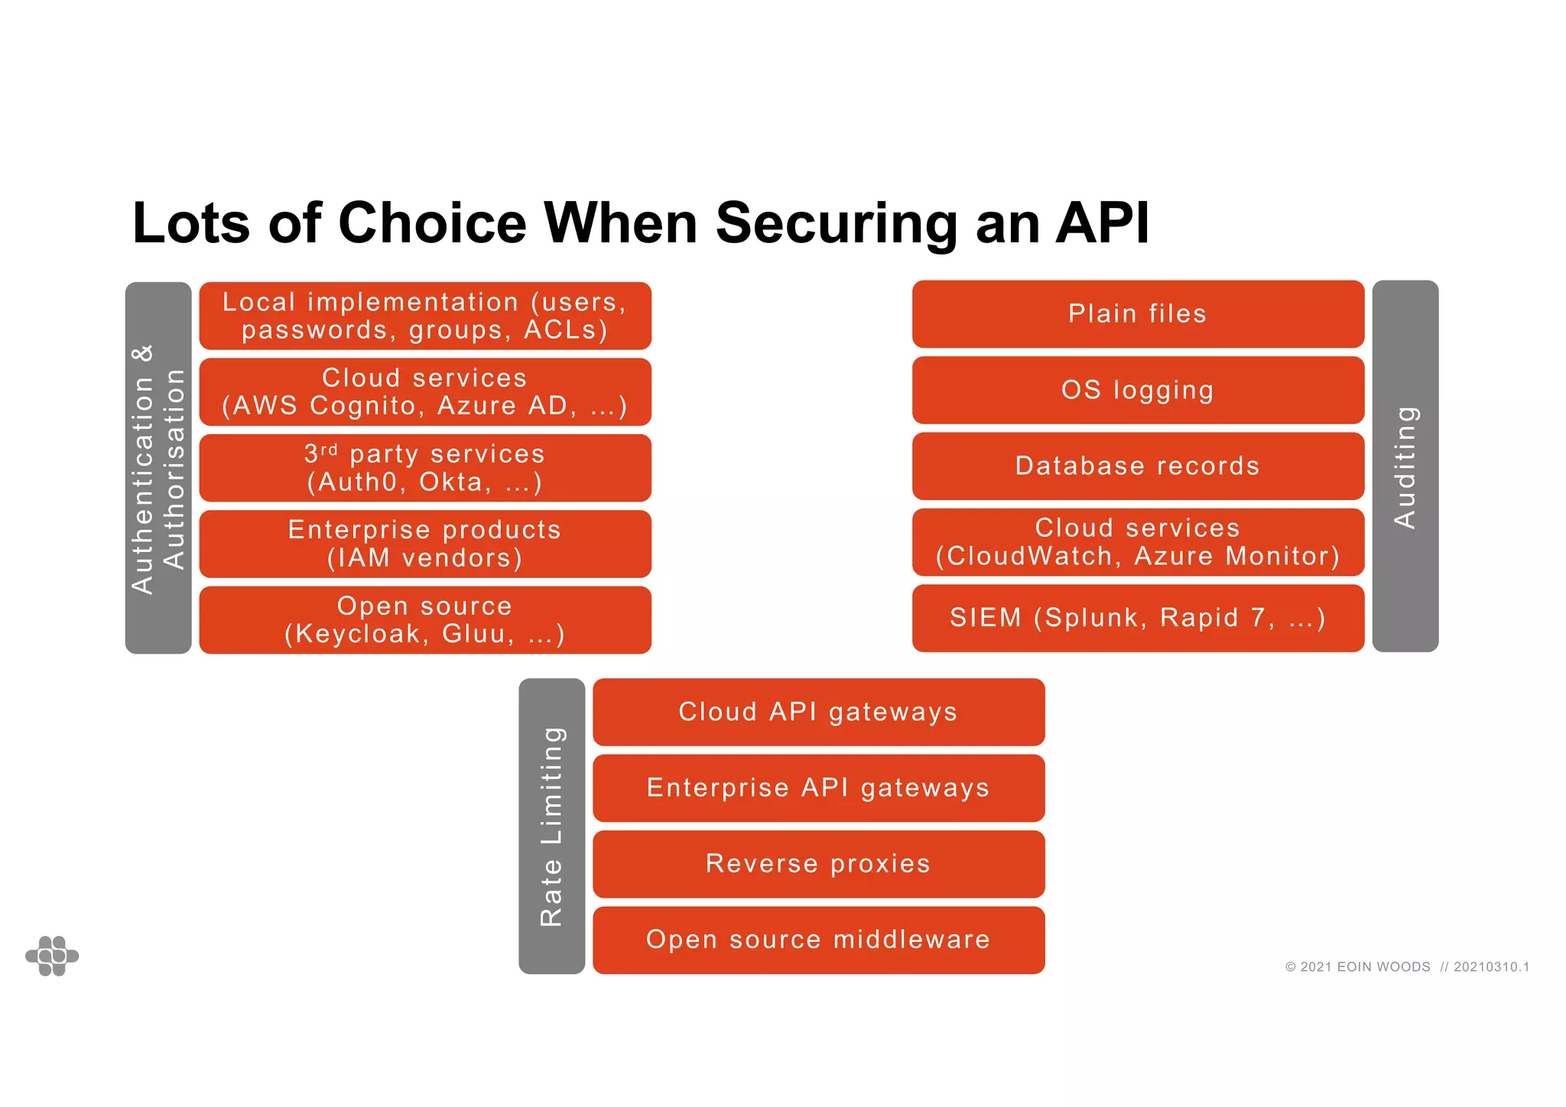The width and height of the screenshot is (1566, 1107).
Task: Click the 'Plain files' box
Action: pos(1138,314)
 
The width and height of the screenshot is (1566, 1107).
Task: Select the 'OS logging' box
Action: pos(1138,390)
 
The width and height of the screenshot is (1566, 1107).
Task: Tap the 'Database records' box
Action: pos(1138,466)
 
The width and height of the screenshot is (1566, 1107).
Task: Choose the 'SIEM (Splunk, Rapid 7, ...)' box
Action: pos(1138,618)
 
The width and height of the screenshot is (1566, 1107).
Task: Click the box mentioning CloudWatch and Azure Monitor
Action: pos(1138,542)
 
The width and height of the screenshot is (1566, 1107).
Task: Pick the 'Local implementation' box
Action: pos(425,316)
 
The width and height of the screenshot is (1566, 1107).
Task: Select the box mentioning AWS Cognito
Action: pos(425,391)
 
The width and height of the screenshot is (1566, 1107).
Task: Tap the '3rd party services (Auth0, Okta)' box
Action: pos(425,468)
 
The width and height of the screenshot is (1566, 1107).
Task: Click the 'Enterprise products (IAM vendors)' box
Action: pos(425,544)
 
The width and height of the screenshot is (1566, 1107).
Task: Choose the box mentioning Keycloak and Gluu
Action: pos(425,620)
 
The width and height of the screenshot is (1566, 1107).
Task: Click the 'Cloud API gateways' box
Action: pos(818,712)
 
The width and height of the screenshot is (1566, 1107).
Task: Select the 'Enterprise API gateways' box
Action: pos(818,787)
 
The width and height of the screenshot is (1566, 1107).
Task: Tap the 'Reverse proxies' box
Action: pos(818,864)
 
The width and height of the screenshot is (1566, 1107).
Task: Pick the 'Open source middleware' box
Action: pos(818,940)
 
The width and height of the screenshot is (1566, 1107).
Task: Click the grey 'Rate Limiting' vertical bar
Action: pos(551,826)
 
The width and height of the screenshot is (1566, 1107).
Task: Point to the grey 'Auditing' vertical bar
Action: pos(1405,466)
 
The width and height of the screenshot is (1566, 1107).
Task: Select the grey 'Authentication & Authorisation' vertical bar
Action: pos(158,468)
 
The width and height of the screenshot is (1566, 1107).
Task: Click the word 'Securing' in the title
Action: pos(837,223)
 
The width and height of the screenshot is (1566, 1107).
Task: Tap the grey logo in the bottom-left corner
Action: pos(52,956)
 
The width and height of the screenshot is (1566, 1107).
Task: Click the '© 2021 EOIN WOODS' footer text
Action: pos(1357,967)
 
